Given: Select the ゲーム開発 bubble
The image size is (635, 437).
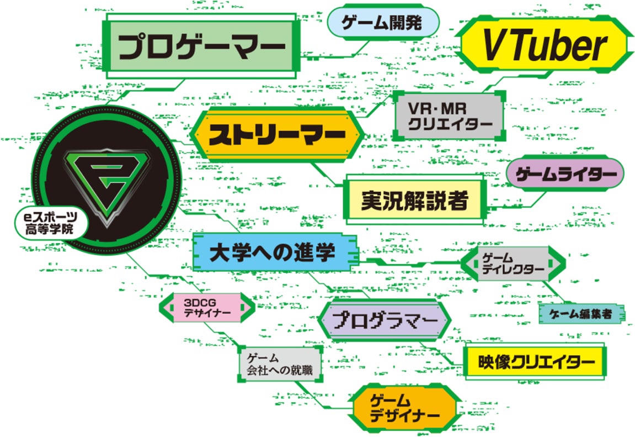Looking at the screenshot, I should [x=383, y=24].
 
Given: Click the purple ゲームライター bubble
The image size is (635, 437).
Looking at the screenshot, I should [x=564, y=173].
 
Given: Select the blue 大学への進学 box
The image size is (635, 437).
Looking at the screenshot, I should [x=273, y=253].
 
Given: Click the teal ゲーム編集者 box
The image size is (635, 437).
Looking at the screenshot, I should [x=581, y=314].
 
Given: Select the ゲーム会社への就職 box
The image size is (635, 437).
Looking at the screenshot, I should [x=280, y=364].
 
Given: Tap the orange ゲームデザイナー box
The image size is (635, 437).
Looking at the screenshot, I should [x=404, y=408].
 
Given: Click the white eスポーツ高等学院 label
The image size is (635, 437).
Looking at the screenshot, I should [x=49, y=224].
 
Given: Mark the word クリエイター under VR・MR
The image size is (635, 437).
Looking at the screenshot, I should [x=450, y=124].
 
